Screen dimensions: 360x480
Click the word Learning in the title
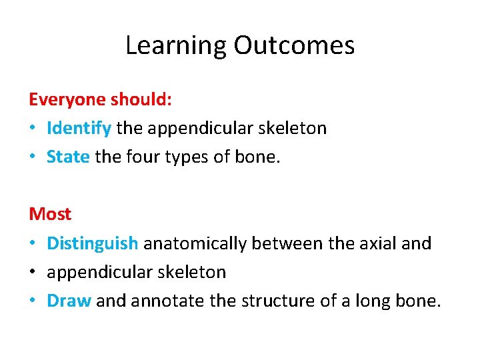177,46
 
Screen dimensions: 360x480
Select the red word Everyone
67,100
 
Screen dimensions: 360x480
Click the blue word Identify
79,128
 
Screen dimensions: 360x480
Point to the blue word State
68,157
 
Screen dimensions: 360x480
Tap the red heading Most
50,214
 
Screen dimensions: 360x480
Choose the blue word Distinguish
92,243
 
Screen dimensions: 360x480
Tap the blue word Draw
69,301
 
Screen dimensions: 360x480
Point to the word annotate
168,301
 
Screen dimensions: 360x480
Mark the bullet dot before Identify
33,129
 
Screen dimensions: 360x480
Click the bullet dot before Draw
33,301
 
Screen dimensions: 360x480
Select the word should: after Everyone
141,100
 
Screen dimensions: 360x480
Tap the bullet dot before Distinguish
33,244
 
